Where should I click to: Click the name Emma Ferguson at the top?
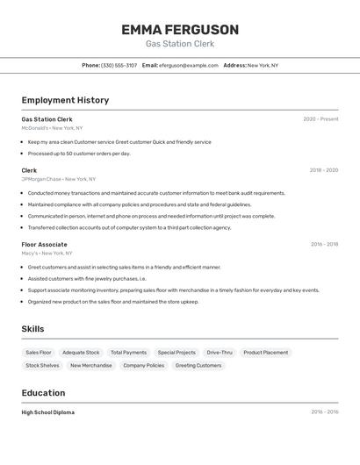tap(180, 30)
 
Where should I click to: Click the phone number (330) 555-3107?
tap(119, 65)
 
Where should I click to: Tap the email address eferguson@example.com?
tap(189, 65)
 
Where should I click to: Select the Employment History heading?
tap(65, 100)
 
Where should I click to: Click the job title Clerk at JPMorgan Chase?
tap(29, 170)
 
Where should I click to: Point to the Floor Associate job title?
tap(44, 244)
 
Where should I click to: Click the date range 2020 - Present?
tap(320, 119)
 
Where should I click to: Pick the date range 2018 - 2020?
tap(323, 170)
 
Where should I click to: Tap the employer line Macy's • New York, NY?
tap(47, 253)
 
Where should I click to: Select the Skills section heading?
tap(32, 329)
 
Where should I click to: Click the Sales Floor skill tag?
tap(39, 353)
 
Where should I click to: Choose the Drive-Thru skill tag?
tap(220, 353)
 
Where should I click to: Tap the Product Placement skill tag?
tap(265, 353)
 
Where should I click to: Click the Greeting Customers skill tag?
tap(198, 365)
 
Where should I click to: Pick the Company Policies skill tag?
tap(143, 365)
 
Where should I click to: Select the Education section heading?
tap(43, 393)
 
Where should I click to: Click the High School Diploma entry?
tap(48, 412)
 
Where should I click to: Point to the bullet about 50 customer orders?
tap(79, 154)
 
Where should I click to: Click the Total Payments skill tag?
tap(128, 353)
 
